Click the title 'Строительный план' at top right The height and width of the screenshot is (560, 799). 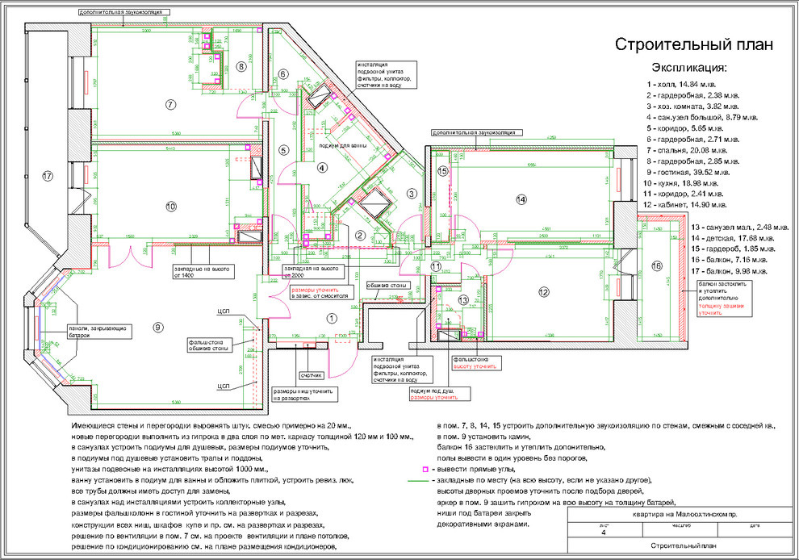click(x=694, y=44)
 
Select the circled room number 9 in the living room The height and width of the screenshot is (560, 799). click(x=158, y=327)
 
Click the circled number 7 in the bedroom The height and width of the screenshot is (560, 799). click(x=170, y=104)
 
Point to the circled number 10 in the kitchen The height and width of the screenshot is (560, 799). click(x=170, y=207)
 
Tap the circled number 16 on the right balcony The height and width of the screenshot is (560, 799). click(x=656, y=266)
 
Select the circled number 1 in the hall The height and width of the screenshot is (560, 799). click(x=330, y=318)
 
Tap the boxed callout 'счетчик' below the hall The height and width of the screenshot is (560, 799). click(x=311, y=375)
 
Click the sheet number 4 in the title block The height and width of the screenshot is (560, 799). click(x=602, y=533)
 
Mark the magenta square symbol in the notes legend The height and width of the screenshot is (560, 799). click(x=425, y=469)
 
